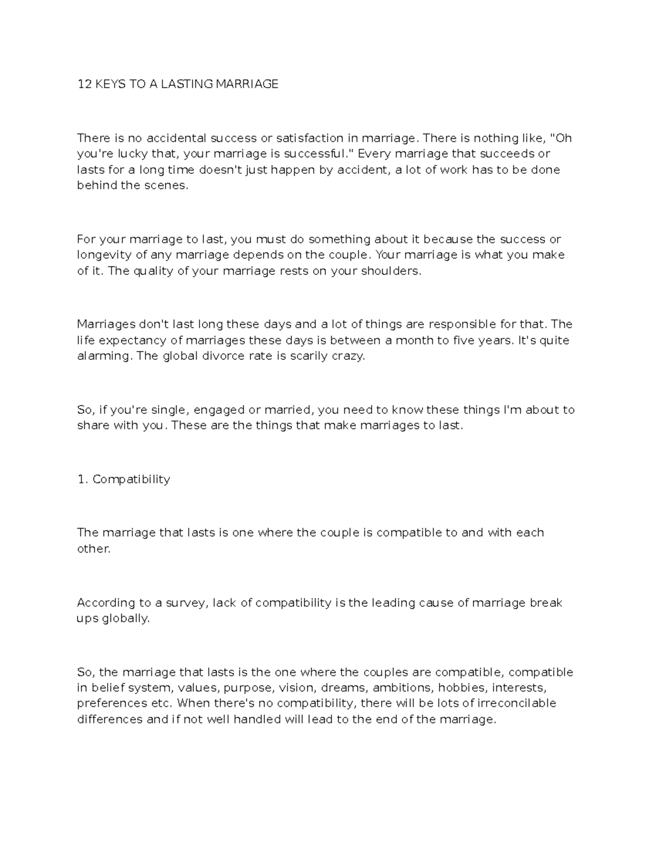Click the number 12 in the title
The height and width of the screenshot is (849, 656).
tap(84, 84)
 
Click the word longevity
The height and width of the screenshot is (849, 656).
tap(102, 255)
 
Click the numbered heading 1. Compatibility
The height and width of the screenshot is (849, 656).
tap(124, 479)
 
